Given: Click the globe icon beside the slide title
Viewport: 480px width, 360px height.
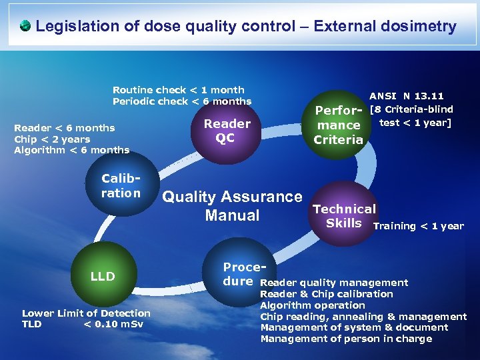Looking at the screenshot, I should [25, 27].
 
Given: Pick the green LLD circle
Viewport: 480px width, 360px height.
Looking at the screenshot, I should [103, 276].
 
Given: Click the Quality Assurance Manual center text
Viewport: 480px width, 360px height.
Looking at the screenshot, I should [232, 206].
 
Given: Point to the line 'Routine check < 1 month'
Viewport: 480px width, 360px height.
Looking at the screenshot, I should [178, 90].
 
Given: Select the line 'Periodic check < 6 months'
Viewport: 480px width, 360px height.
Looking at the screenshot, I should [181, 101].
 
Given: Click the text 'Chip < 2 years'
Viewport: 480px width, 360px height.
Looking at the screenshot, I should [51, 139].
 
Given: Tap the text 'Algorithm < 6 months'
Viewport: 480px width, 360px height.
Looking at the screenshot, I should [71, 150].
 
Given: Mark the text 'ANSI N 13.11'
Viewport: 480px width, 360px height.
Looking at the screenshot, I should [406, 96].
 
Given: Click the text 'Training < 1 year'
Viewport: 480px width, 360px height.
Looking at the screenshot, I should [418, 226].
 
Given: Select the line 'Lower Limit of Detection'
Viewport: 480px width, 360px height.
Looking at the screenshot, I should [86, 313].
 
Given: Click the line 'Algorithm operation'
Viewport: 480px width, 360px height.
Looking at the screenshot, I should [312, 305].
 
